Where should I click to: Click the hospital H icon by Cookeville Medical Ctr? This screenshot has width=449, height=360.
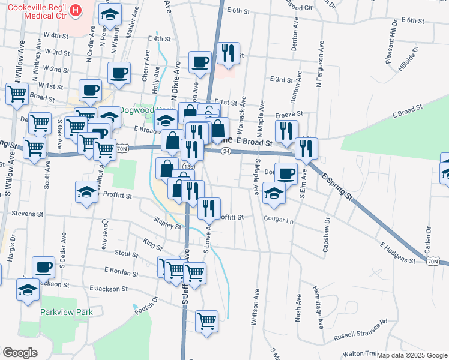(76, 10)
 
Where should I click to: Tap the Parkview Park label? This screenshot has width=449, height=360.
(67, 313)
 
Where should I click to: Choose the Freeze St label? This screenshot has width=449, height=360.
(288, 113)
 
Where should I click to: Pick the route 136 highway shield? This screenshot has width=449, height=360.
(188, 166)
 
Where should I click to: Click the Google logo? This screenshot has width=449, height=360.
(20, 352)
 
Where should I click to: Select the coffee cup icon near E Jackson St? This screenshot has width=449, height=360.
(43, 266)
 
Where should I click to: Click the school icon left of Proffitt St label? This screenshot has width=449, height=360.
(86, 192)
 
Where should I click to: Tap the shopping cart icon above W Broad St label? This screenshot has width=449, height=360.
(17, 93)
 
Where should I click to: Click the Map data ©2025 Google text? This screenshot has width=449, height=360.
(412, 355)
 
